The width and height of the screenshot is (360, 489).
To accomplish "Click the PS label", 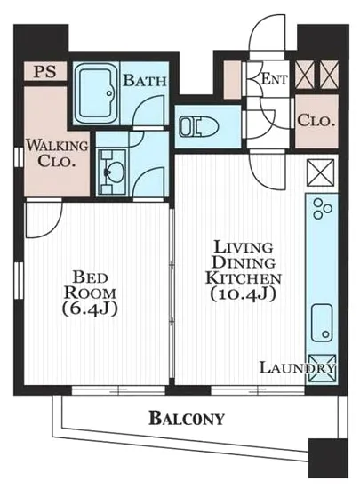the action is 45,71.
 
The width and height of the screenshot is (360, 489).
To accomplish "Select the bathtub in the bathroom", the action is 96,94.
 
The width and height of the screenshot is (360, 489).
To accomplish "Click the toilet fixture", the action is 199,126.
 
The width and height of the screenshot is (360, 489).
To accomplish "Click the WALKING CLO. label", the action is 57,154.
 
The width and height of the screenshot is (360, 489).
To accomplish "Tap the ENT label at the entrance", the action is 274,79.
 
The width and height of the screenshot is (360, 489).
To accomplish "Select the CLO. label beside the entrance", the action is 316,121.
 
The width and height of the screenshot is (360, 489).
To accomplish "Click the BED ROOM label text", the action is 91,285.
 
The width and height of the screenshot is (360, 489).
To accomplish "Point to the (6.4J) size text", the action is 91,309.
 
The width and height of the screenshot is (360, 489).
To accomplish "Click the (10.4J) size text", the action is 244,293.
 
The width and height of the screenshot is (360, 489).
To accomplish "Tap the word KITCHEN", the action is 244,277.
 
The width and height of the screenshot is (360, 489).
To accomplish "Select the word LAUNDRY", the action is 298,368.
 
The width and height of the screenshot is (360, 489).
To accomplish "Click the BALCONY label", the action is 187,418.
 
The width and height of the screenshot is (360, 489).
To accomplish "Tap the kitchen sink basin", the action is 322,323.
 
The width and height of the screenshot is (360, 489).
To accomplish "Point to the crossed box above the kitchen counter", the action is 321,172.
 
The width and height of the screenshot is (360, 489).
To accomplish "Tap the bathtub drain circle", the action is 109,93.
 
